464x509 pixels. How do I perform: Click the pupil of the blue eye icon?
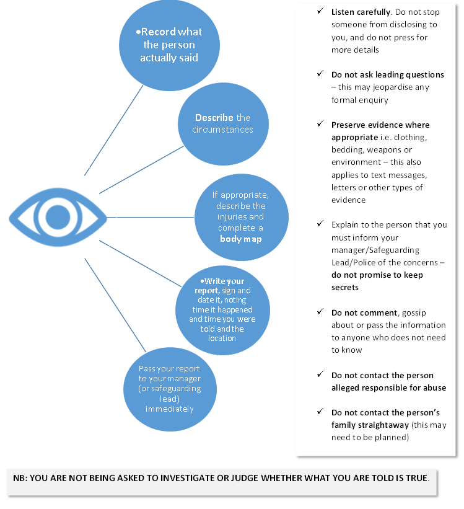[58, 217]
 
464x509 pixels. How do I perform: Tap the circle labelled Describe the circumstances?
[222, 123]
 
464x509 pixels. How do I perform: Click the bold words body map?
[241, 239]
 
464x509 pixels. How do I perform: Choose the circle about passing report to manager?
[169, 389]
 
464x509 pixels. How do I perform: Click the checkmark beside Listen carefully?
[319, 12]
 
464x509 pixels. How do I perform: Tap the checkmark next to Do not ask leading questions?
[319, 74]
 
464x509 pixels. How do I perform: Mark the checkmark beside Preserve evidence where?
[319, 125]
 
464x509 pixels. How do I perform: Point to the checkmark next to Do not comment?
[319, 312]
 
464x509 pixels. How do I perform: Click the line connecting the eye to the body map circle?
[152, 218]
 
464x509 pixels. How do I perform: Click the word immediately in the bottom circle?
[169, 409]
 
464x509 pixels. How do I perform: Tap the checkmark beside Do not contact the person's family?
[319, 412]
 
